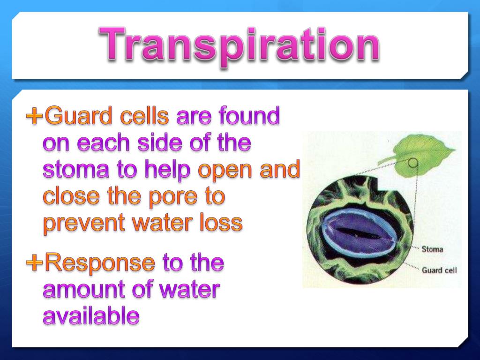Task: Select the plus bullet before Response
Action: point(34,263)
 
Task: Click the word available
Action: point(91,317)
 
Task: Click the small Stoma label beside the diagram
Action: point(432,249)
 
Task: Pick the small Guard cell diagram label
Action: point(439,270)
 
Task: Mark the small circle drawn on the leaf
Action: point(412,163)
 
